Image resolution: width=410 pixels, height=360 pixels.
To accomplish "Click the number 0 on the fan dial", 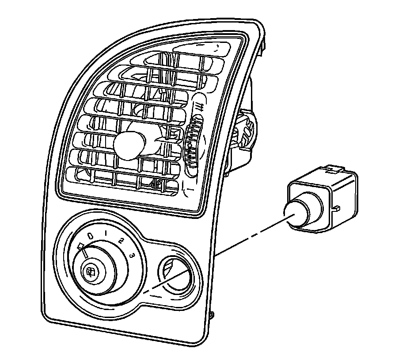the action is [x=90, y=237].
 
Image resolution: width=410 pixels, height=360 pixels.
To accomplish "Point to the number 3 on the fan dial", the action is [x=132, y=255].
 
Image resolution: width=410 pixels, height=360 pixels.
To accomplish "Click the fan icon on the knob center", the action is [x=91, y=273].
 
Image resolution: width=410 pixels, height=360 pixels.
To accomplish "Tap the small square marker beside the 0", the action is [x=80, y=246].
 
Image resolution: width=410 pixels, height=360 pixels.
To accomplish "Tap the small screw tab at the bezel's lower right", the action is [x=212, y=315].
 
